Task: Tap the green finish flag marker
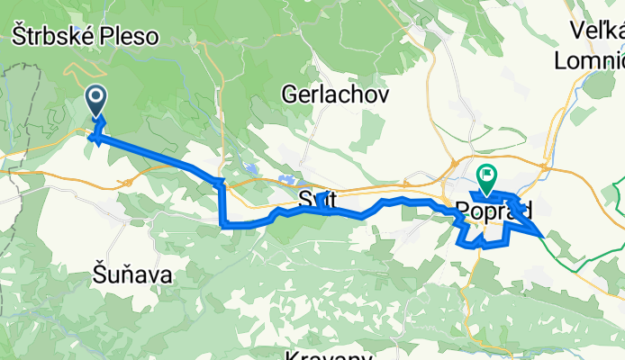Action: [x=486, y=175]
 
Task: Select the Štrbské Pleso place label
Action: [x=85, y=37]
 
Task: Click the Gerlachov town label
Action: [x=335, y=94]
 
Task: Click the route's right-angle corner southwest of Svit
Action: [x=222, y=223]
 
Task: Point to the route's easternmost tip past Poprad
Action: [x=541, y=234]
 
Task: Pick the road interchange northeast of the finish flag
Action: [x=547, y=166]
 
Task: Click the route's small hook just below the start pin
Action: [x=95, y=137]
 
